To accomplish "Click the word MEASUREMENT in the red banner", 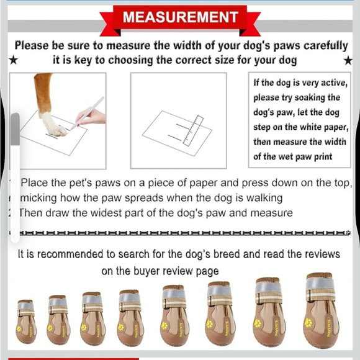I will (x=180, y=17).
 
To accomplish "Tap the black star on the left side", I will (x=13, y=60).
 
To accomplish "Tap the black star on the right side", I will (x=348, y=60).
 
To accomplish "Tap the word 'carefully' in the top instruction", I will (x=316, y=45).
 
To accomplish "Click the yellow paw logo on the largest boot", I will (x=308, y=322).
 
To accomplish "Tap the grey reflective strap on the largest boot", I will (x=320, y=286).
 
